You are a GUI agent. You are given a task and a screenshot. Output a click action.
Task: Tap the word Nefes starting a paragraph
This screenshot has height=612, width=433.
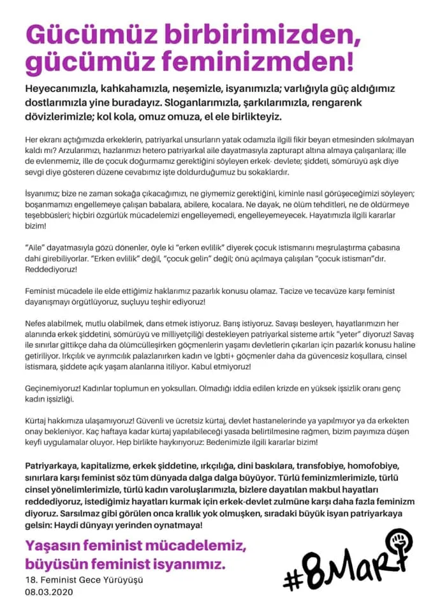point(37,321)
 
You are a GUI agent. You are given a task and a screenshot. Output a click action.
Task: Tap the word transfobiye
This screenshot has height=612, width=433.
point(307,465)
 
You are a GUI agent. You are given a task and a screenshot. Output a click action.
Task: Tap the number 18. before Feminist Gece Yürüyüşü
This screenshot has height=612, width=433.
point(31,580)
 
